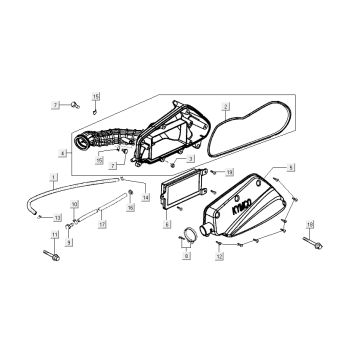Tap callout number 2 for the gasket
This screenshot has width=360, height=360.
click(226, 105)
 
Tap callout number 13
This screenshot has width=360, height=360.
click(58, 217)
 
